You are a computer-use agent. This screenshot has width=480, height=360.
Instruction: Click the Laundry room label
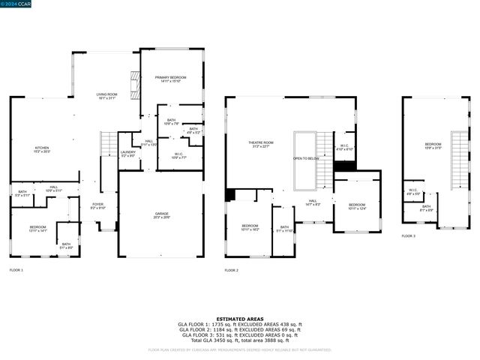point(127,154)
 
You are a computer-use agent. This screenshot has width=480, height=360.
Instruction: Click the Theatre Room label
point(261,144)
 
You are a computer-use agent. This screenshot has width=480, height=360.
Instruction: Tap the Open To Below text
point(307,159)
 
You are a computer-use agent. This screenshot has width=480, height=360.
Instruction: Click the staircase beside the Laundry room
point(109,145)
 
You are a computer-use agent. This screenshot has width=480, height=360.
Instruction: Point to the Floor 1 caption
point(16,269)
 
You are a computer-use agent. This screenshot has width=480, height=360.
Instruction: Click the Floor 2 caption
point(232,269)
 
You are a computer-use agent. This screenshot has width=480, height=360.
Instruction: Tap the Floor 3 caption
point(408,236)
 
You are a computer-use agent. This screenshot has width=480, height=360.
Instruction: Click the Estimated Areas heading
point(239,318)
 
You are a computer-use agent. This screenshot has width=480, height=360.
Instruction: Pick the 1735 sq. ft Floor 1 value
point(220,324)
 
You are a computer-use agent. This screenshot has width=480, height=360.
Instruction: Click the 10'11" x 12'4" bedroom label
point(356,206)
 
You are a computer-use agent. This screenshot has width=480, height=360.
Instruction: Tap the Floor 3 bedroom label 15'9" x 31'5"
point(433,145)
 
